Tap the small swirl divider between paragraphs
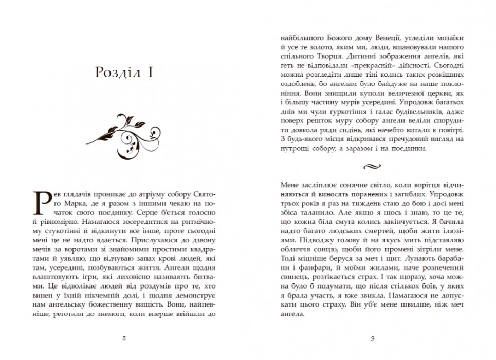click(372, 166)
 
